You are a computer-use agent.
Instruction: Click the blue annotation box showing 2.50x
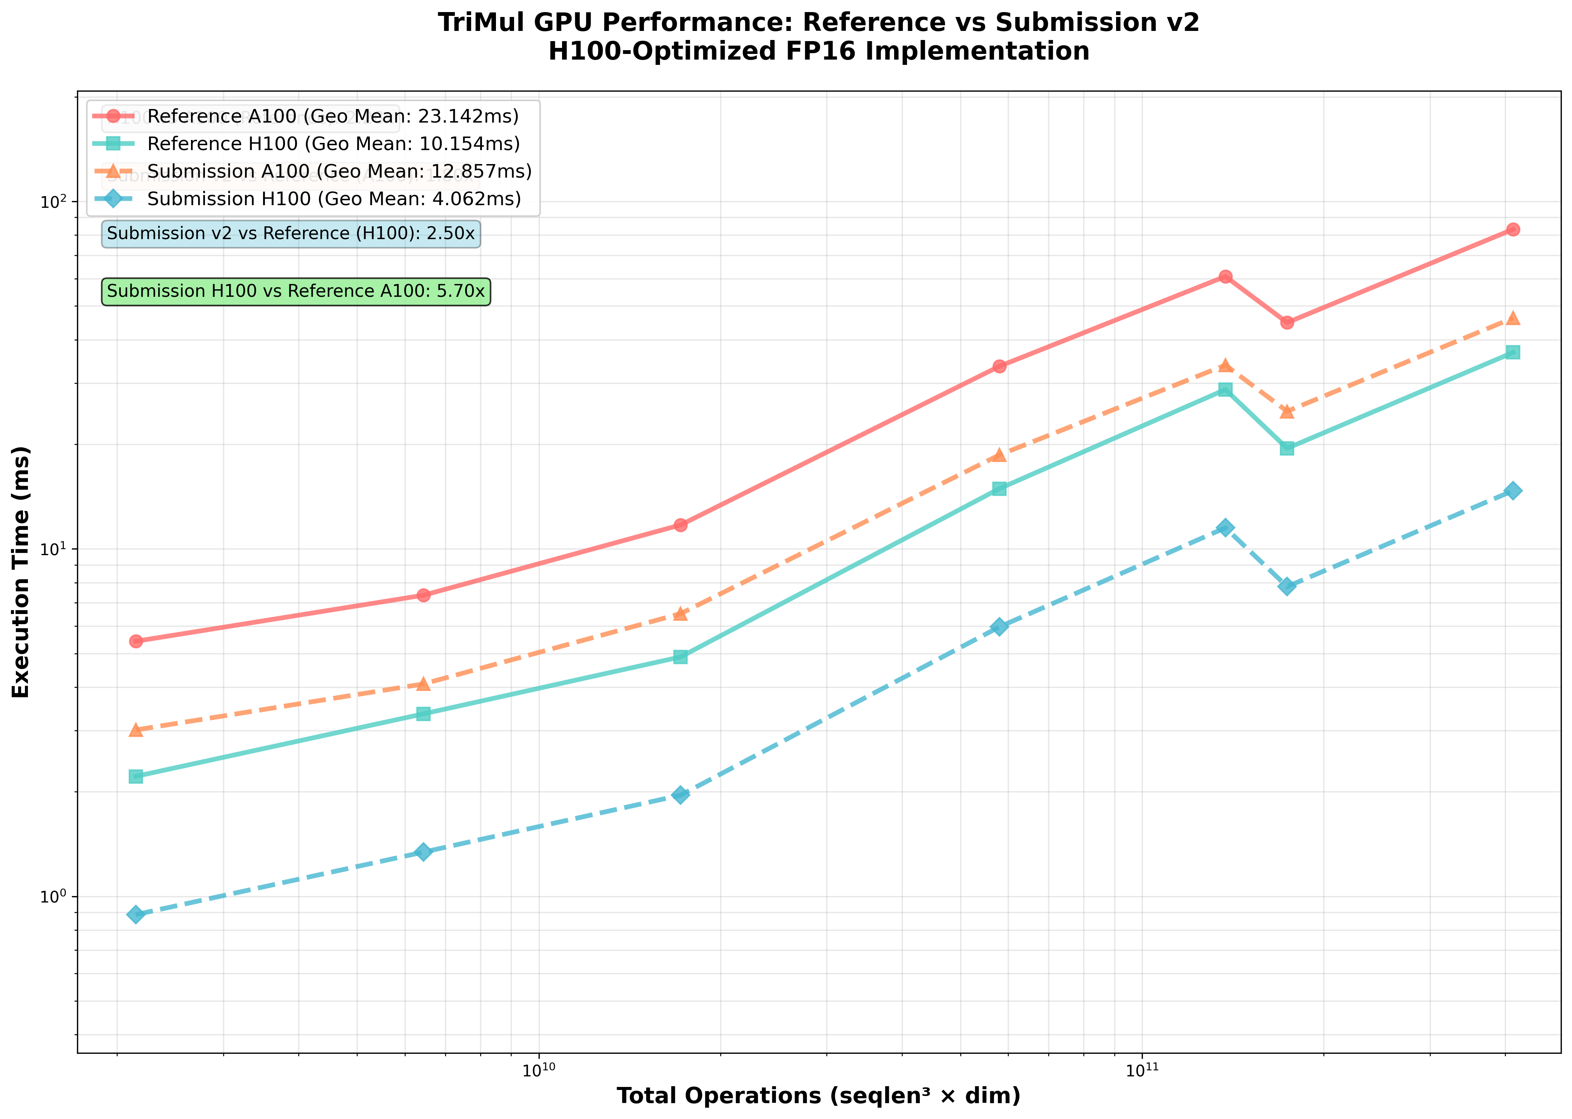290,233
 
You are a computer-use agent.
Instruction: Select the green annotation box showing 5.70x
296,292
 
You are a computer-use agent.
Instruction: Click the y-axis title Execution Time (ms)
22,572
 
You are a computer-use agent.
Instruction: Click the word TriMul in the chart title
476,23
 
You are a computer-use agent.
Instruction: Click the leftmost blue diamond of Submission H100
136,914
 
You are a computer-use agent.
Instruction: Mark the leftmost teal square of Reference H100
136,777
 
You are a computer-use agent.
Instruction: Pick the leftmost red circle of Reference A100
136,641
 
